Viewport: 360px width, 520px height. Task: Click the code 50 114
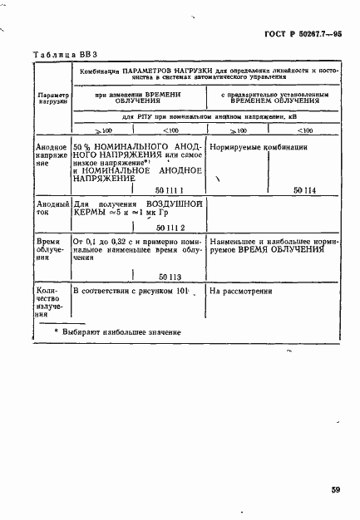(305, 190)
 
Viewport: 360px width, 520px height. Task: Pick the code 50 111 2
(170, 227)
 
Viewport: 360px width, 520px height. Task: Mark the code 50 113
(170, 278)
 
